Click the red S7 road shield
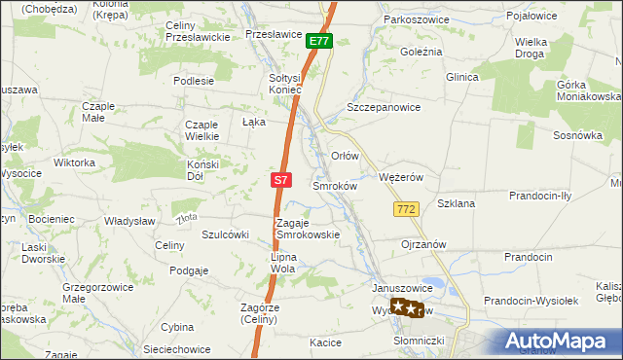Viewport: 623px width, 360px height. click(280, 180)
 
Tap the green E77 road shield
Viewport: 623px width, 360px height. click(319, 41)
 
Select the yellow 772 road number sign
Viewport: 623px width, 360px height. click(407, 209)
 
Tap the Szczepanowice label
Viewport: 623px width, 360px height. click(384, 108)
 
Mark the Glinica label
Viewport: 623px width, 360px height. click(464, 77)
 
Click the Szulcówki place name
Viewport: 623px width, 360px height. click(226, 234)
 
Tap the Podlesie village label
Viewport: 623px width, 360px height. click(194, 81)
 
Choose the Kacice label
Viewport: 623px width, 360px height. click(325, 342)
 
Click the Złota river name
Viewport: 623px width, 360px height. click(188, 217)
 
